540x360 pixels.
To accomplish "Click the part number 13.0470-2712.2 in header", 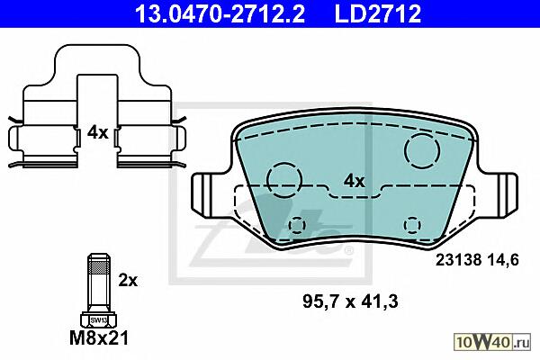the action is click(x=220, y=13).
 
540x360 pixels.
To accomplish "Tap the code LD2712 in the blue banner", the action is click(x=378, y=13).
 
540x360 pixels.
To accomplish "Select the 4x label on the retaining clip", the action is click(x=97, y=132).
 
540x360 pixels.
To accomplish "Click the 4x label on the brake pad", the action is click(x=354, y=181).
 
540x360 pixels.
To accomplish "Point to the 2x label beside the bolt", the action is click(x=128, y=281).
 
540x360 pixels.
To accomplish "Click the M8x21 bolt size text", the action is click(x=99, y=338).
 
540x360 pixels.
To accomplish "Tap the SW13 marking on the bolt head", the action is click(x=99, y=320).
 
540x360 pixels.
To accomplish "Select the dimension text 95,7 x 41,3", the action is click(x=350, y=301).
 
